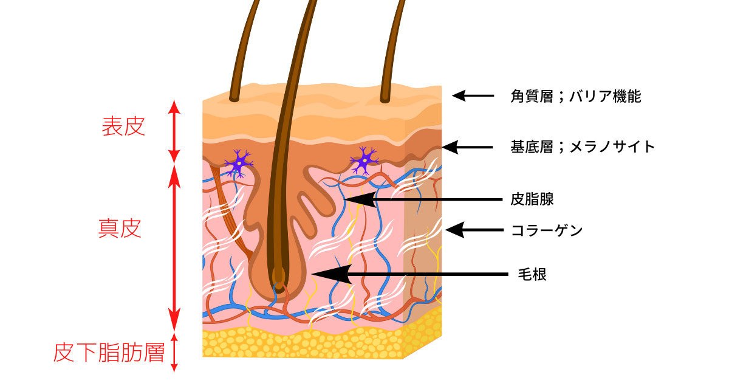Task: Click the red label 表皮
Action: click(x=123, y=126)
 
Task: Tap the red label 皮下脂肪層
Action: click(x=109, y=352)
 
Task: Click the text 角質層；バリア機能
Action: click(x=575, y=96)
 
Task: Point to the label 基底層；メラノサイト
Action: click(x=583, y=147)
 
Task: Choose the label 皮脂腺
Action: click(x=532, y=199)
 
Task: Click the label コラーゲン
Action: click(x=547, y=230)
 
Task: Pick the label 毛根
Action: click(x=532, y=274)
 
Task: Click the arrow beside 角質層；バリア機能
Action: click(x=473, y=95)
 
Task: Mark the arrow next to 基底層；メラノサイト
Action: click(x=468, y=147)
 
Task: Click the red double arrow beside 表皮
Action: click(x=174, y=131)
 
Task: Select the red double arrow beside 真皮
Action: click(x=174, y=246)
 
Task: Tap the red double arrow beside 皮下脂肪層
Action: click(x=174, y=352)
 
